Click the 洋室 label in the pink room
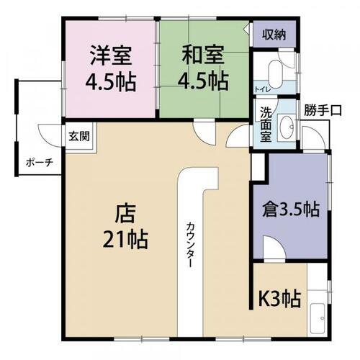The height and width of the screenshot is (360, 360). [111, 55]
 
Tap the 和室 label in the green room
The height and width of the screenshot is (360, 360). [203, 55]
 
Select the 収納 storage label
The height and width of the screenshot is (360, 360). [274, 35]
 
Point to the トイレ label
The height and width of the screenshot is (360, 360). [263, 90]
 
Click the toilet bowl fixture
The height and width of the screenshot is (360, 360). [275, 75]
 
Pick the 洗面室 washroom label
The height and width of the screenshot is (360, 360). [266, 125]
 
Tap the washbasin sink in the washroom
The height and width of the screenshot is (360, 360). [287, 127]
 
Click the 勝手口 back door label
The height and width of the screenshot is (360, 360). [323, 110]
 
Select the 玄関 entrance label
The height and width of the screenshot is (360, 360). [79, 136]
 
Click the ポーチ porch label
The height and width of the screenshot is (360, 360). [40, 163]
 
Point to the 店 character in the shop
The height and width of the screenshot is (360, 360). [125, 213]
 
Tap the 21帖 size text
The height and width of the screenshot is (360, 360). [125, 239]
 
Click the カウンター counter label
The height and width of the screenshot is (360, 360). [190, 245]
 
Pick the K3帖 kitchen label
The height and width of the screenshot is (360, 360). [279, 299]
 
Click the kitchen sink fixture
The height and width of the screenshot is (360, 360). [318, 318]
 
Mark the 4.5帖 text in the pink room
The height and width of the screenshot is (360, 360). [111, 81]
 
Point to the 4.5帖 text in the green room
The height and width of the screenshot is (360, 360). [203, 81]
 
